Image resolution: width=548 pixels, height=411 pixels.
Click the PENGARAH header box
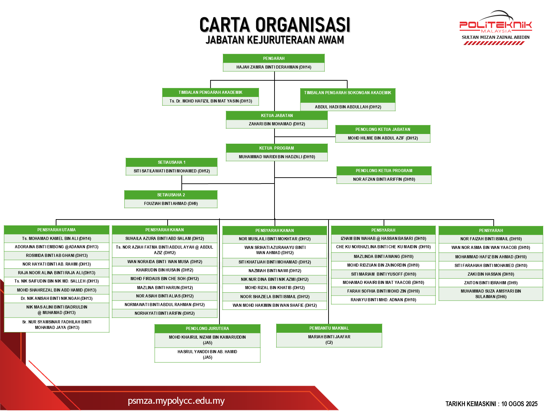tap(273, 58)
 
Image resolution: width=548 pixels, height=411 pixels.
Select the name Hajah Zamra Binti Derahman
tap(273, 67)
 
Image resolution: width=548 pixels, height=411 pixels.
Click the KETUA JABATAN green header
tap(277, 115)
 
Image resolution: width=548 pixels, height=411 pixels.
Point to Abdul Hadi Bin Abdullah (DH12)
tap(348, 107)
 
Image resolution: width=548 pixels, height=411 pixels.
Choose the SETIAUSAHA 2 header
tap(171, 195)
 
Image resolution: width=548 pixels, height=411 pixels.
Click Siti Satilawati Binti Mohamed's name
tap(172, 171)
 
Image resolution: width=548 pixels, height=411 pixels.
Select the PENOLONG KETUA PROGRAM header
tap(384, 171)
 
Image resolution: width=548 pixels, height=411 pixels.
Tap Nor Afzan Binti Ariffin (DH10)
tap(384, 179)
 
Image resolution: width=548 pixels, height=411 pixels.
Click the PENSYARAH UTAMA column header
tap(56, 230)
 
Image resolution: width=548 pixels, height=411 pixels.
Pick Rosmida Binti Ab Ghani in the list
tap(57, 256)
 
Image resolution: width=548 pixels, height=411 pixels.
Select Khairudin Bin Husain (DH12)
tap(164, 270)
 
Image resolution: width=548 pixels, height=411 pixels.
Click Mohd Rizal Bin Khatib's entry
tap(275, 288)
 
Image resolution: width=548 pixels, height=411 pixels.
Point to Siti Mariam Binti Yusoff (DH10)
tap(383, 274)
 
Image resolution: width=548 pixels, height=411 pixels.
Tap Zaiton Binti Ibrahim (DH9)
tap(491, 283)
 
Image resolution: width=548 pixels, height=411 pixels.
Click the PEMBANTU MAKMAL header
tap(329, 328)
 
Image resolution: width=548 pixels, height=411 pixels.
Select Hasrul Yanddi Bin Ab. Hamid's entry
tap(207, 355)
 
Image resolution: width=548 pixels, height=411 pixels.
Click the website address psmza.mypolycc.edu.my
tap(176, 401)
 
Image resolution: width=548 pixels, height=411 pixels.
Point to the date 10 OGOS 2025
tap(519, 404)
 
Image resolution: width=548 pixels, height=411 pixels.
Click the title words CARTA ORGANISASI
tap(275, 25)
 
